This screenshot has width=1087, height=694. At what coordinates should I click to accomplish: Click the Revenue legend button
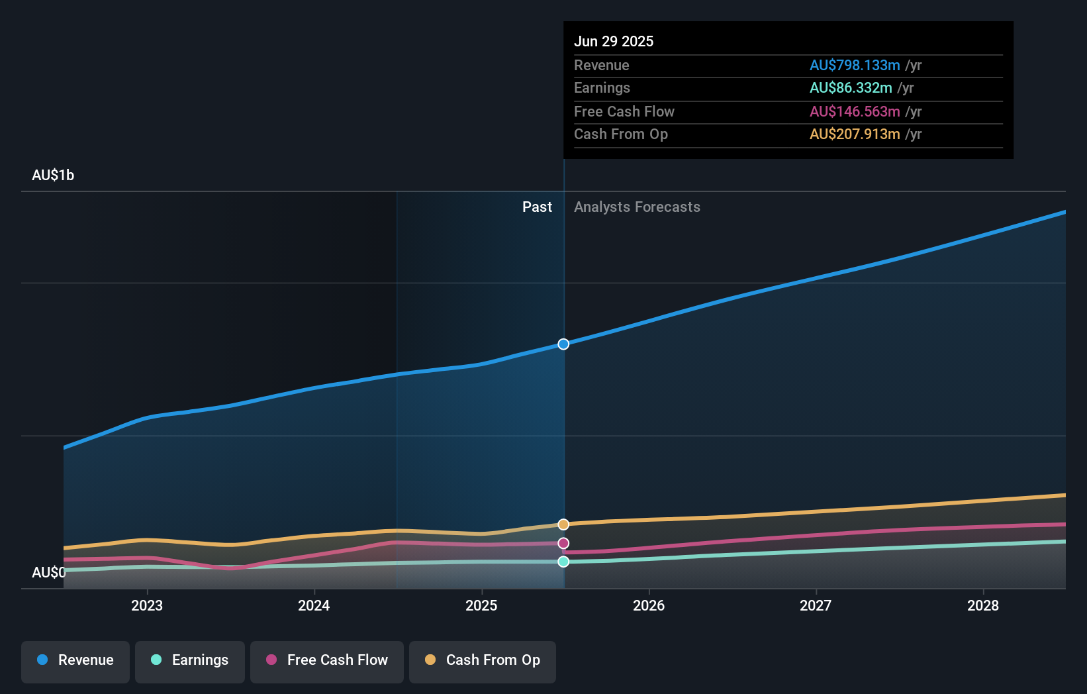[x=75, y=661]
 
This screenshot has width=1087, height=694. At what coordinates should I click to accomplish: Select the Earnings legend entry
[x=190, y=661]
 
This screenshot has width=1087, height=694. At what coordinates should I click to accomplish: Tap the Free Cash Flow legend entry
[x=327, y=661]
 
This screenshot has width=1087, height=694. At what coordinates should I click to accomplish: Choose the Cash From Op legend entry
[x=483, y=661]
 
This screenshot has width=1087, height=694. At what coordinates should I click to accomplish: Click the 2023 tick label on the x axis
[x=147, y=606]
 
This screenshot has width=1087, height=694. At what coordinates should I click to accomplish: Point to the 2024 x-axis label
[x=314, y=606]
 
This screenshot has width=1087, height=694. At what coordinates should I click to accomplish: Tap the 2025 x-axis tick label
[x=481, y=606]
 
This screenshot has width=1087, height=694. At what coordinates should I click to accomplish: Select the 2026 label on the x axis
[x=649, y=606]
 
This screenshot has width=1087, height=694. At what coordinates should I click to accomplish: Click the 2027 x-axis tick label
[x=816, y=606]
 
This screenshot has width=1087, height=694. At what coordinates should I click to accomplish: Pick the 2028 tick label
[x=983, y=606]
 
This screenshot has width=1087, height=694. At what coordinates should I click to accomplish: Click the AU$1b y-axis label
[x=53, y=175]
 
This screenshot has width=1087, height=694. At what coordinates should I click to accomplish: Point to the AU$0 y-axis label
[x=49, y=573]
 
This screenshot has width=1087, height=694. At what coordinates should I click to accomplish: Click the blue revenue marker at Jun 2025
[x=563, y=344]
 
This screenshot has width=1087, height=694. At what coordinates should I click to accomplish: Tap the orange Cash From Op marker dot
[x=563, y=524]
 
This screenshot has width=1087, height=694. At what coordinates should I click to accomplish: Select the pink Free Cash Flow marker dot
[x=563, y=544]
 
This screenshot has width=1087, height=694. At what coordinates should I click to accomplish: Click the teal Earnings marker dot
[x=563, y=562]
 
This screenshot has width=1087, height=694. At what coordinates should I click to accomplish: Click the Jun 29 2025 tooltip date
[x=614, y=42]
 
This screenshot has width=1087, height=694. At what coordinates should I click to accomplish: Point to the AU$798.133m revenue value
[x=855, y=66]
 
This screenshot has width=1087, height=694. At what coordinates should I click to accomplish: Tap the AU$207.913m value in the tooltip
[x=855, y=134]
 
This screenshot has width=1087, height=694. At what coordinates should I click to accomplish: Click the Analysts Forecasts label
[x=637, y=207]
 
